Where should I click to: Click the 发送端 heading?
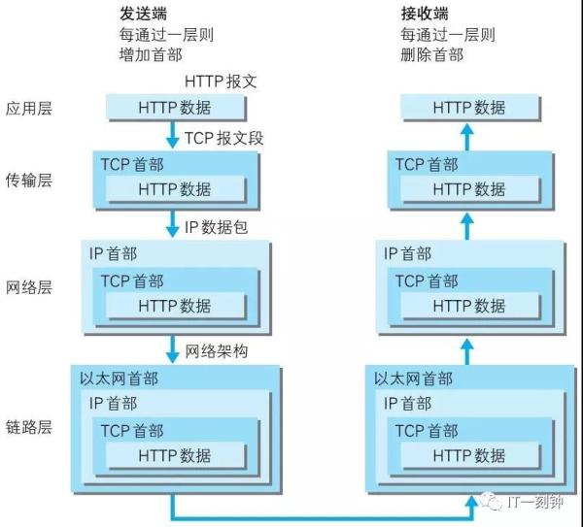click(x=143, y=14)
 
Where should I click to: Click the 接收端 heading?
click(x=425, y=14)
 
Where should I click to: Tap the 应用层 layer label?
click(x=28, y=108)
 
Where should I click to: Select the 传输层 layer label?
click(x=28, y=181)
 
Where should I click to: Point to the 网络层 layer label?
click(x=28, y=287)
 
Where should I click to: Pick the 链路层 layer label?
click(x=28, y=427)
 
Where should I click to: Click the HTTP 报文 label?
click(x=221, y=82)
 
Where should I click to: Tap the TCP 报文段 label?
click(x=223, y=138)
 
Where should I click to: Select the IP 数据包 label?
click(x=216, y=227)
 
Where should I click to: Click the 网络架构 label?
click(x=217, y=351)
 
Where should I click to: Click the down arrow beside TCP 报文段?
click(x=172, y=135)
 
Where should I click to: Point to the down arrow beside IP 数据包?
click(x=172, y=223)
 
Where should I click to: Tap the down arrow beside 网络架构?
click(x=172, y=349)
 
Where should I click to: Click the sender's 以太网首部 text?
click(x=119, y=379)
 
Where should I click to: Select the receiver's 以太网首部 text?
click(x=414, y=379)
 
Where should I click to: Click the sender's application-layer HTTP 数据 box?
click(x=176, y=108)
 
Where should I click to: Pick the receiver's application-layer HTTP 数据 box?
click(x=470, y=108)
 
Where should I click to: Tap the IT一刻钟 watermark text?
click(x=534, y=502)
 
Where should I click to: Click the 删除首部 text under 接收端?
click(x=432, y=55)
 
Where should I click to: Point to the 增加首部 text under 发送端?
click(x=151, y=55)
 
